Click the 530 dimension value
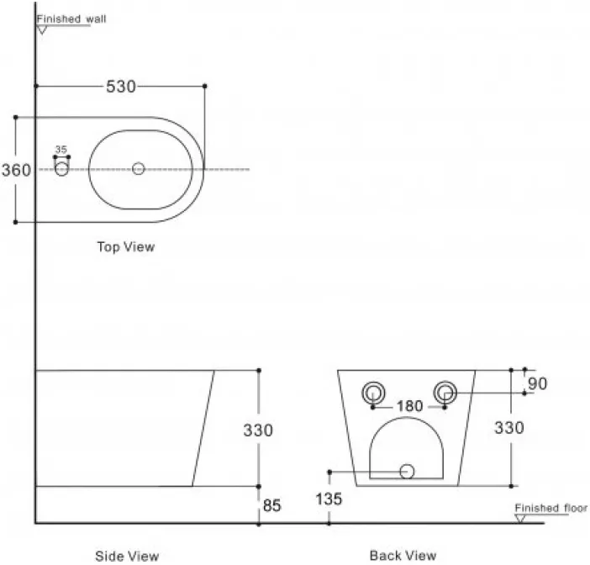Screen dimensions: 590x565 121,87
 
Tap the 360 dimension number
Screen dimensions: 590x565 16,170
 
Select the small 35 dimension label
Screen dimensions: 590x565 61,150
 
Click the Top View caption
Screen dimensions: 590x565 126,247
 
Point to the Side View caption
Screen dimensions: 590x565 127,556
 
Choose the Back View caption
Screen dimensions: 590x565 403,555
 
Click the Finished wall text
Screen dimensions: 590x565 71,18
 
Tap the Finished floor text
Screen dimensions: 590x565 550,508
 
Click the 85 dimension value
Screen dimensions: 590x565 272,505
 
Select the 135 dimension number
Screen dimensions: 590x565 329,499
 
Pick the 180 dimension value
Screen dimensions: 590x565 410,406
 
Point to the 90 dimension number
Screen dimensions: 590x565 537,384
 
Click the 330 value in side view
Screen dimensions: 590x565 258,430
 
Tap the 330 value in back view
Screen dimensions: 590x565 509,428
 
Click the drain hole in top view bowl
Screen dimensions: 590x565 139,169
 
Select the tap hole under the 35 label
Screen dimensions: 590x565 61,169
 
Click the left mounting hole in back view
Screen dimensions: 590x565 373,393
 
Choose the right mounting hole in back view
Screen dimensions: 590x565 445,393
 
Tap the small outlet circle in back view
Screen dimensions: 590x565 407,472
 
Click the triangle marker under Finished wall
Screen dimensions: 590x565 42,30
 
